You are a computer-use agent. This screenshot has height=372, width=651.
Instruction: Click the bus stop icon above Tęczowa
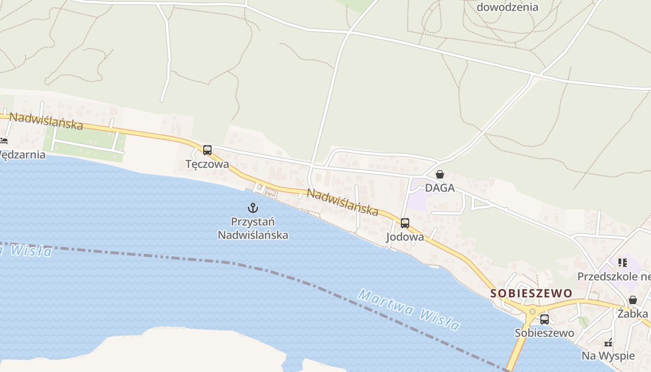(207, 150)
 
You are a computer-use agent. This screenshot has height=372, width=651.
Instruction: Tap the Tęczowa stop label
(207, 164)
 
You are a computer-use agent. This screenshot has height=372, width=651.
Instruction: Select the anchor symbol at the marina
(252, 207)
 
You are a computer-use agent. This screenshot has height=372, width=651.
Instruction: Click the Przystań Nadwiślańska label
(253, 228)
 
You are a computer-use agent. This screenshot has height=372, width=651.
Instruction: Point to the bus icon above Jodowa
(405, 223)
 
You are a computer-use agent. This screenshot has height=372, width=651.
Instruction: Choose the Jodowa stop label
(405, 237)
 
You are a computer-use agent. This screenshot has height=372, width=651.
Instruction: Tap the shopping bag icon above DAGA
(439, 174)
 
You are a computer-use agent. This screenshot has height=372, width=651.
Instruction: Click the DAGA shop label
(439, 188)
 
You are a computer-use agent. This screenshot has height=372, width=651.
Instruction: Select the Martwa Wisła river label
(409, 310)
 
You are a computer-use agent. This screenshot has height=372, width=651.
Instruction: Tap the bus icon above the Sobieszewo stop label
(545, 319)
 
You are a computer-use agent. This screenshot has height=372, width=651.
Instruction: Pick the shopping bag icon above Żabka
(633, 300)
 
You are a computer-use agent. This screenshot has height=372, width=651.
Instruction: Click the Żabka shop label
(632, 314)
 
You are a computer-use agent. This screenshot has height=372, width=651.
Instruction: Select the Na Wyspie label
(608, 356)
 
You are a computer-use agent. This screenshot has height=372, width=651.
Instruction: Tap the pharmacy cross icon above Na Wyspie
(608, 343)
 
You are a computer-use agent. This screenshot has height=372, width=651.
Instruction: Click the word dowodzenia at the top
(507, 7)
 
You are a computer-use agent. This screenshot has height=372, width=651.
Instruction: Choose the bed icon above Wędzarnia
(4, 140)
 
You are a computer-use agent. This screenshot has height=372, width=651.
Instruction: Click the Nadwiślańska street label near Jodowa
(343, 202)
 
